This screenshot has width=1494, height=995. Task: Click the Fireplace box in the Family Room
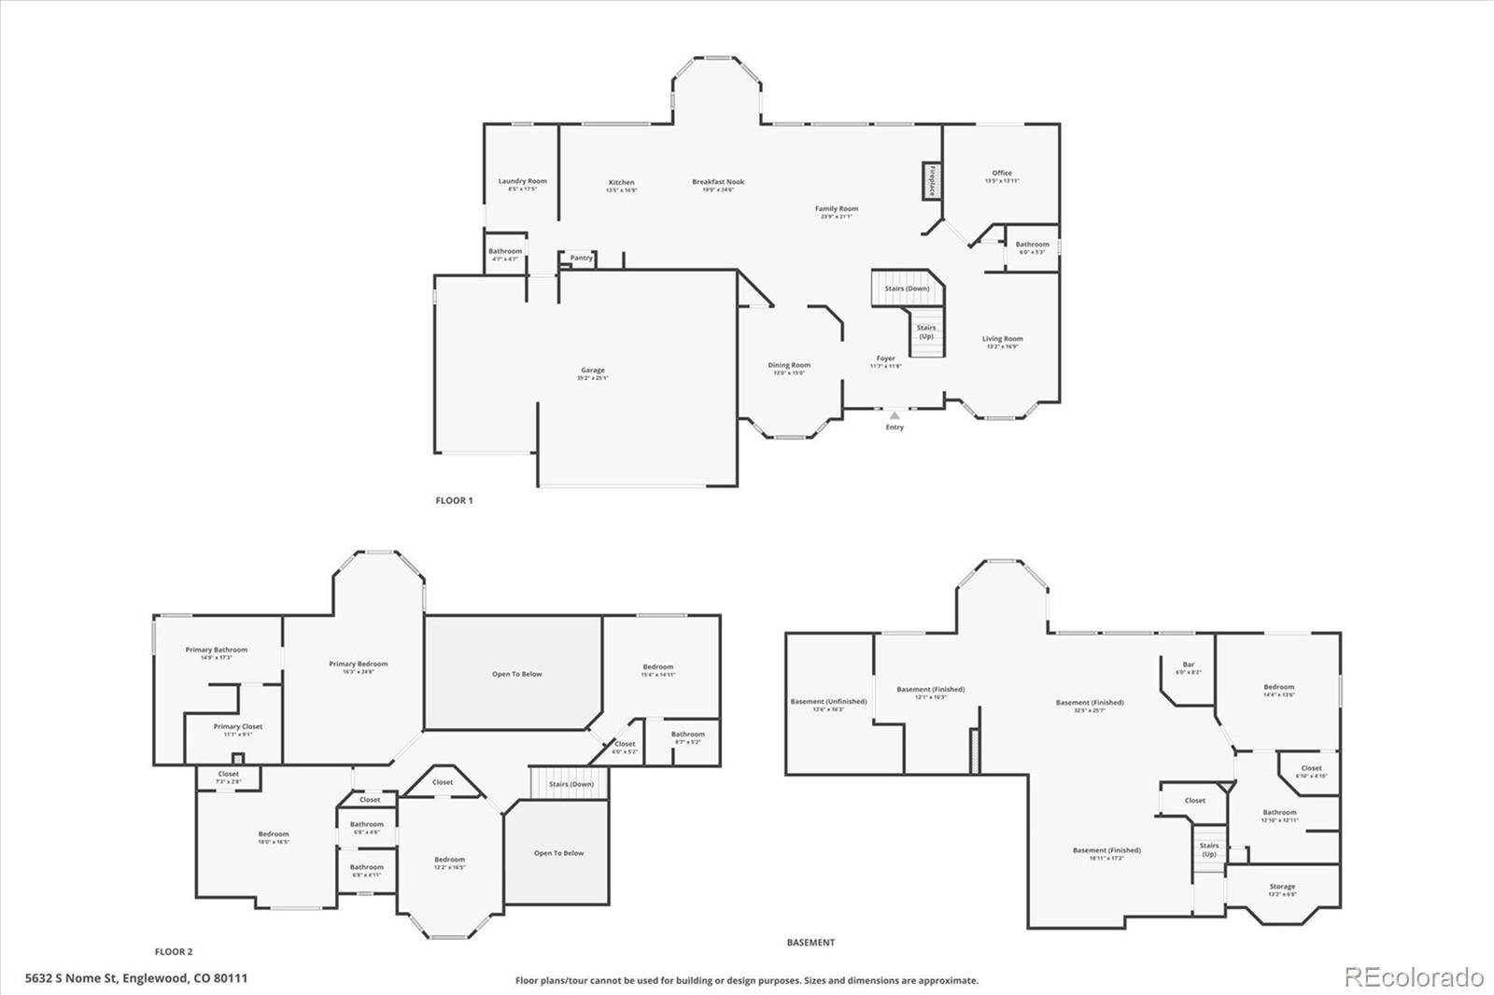click(931, 180)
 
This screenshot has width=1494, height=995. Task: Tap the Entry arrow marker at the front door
click(895, 414)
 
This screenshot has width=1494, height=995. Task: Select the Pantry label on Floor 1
click(581, 258)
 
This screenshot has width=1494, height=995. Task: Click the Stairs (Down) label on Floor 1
click(907, 288)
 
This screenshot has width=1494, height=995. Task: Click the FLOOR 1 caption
click(455, 500)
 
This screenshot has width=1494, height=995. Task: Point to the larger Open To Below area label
click(517, 674)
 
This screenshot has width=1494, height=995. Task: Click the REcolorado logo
click(1414, 977)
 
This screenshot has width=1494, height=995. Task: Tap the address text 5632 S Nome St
click(136, 979)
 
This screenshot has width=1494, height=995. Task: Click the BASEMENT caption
click(810, 943)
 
